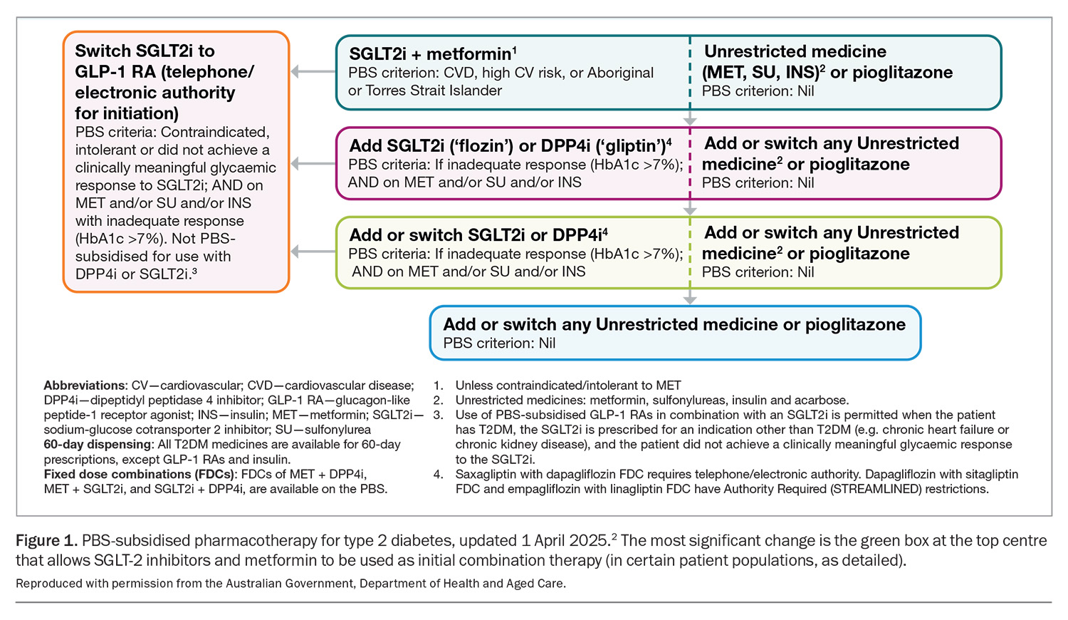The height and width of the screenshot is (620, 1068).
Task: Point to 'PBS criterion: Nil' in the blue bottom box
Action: [x=499, y=343]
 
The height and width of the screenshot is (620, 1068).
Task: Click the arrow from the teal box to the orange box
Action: [x=313, y=71]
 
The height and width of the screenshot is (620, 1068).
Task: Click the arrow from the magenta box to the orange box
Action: [x=313, y=164]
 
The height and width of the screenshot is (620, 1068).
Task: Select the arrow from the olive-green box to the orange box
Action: [x=313, y=252]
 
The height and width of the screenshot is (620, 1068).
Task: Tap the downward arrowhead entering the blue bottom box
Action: [x=690, y=300]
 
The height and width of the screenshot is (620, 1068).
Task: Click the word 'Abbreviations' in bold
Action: [x=85, y=385]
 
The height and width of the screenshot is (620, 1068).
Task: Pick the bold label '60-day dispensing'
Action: [x=98, y=445]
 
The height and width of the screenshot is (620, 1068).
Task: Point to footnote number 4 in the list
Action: [x=438, y=475]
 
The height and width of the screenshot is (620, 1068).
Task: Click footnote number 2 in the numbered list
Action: [x=438, y=400]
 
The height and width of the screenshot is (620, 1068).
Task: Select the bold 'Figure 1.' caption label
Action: [x=46, y=541]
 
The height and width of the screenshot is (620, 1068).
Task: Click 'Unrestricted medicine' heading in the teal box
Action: [x=795, y=51]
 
